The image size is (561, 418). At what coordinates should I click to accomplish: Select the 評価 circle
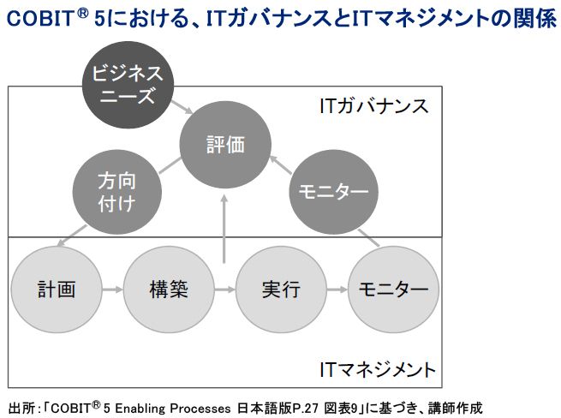pyautogui.click(x=225, y=145)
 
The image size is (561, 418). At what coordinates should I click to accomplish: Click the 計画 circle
pyautogui.click(x=57, y=290)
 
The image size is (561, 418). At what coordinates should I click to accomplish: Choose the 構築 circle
pyautogui.click(x=168, y=290)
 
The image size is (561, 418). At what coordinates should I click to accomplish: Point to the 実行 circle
pyautogui.click(x=280, y=290)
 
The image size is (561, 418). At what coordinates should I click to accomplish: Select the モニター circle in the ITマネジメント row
pyautogui.click(x=392, y=290)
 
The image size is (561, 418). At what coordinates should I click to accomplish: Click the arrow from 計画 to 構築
pyautogui.click(x=112, y=290)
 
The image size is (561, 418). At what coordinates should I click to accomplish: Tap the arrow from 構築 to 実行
pyautogui.click(x=224, y=290)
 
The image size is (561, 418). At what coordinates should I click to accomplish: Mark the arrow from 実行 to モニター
pyautogui.click(x=336, y=290)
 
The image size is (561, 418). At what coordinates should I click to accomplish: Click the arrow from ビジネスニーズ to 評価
pyautogui.click(x=181, y=109)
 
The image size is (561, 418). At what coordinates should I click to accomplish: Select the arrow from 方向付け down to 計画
pyautogui.click(x=73, y=233)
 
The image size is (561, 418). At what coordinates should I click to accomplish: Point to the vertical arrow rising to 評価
pyautogui.click(x=224, y=227)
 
